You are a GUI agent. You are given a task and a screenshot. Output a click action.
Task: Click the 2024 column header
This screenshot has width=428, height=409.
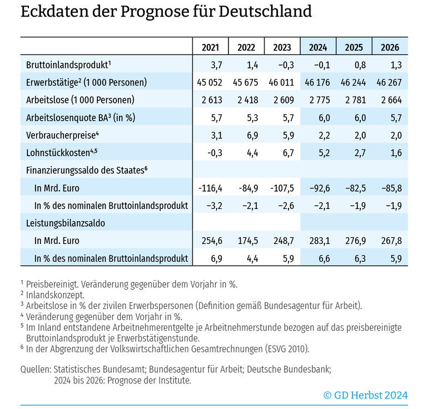[x=318, y=47]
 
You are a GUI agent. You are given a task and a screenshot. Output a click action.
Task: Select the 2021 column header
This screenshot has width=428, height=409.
[x=211, y=47]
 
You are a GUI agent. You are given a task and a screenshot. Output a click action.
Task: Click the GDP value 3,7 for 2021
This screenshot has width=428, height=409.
[x=216, y=65]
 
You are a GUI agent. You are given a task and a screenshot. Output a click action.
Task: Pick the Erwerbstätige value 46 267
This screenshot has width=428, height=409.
[x=389, y=82]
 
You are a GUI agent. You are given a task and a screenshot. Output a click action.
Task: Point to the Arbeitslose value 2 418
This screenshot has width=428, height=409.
[x=247, y=100]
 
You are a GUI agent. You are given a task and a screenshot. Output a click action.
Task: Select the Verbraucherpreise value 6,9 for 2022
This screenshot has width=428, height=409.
[x=252, y=136]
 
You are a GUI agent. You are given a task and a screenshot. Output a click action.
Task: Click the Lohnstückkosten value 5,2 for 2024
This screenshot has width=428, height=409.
[x=324, y=153]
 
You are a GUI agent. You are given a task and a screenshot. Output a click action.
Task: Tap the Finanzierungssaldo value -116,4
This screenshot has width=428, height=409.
[x=210, y=188]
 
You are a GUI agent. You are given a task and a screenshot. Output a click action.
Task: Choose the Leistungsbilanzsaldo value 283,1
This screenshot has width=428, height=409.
[x=320, y=241]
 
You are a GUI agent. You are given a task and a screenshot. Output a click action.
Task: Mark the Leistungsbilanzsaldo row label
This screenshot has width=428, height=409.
[x=66, y=223]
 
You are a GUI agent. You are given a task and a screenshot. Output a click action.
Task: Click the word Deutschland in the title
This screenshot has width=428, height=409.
[x=265, y=12]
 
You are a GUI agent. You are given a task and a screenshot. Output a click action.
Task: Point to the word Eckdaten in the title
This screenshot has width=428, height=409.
[x=55, y=12]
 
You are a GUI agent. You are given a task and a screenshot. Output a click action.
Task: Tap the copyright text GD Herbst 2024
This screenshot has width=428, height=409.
[x=366, y=395]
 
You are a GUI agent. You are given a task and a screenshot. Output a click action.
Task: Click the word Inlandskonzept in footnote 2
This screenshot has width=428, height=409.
[x=55, y=295]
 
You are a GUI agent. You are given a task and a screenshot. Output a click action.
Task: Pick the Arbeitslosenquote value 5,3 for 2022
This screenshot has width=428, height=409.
[x=252, y=118]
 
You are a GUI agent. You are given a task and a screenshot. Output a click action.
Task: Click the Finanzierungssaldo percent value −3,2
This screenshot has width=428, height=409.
[x=214, y=206]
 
